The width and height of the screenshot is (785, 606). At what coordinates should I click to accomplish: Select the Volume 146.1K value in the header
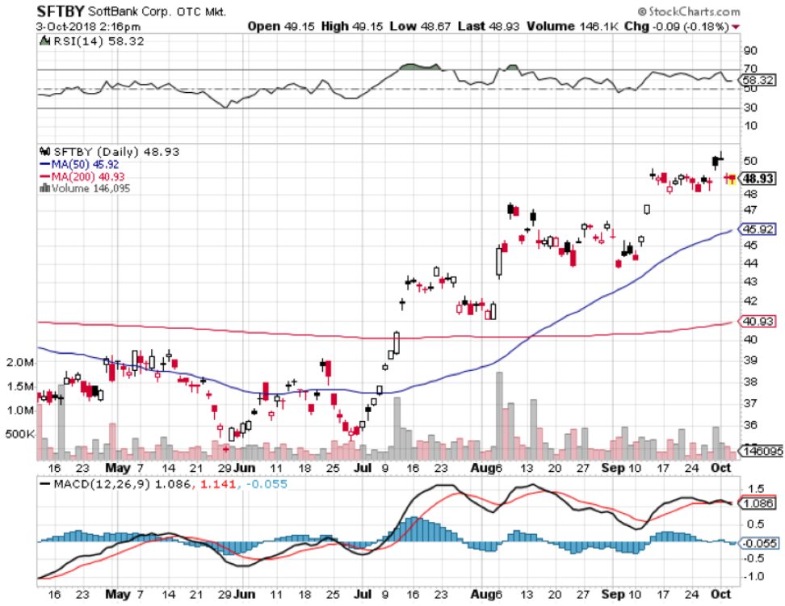[562, 26]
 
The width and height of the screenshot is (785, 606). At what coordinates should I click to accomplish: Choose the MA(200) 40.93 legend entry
[79, 176]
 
